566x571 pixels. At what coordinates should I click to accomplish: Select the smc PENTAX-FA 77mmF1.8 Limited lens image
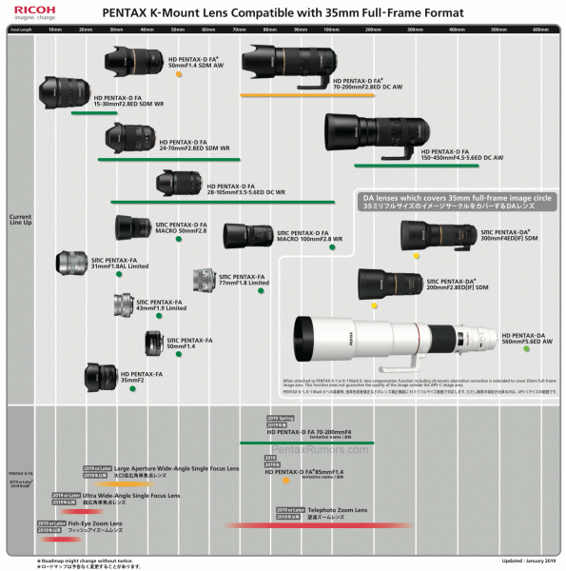pyautogui.click(x=205, y=280)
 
